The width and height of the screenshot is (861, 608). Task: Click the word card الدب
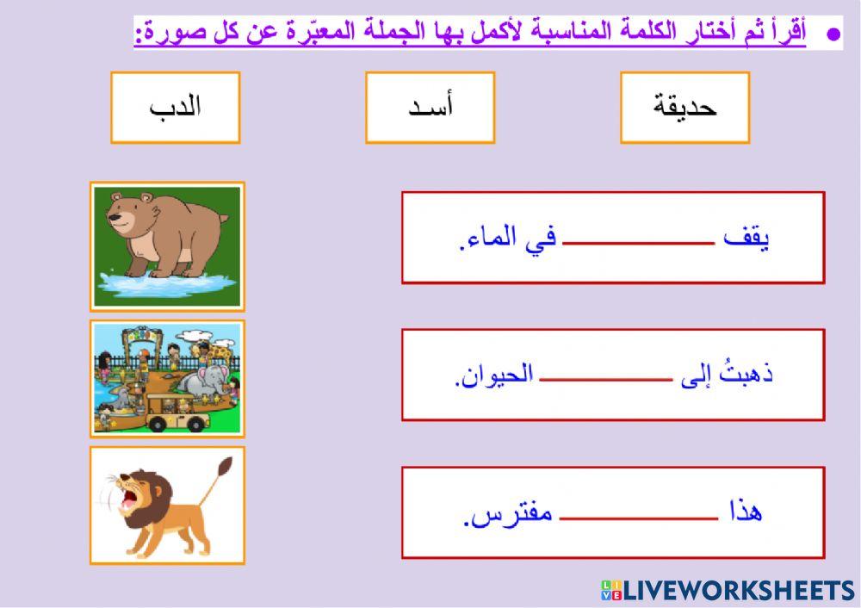[175, 107]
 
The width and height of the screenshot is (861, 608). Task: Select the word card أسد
[430, 107]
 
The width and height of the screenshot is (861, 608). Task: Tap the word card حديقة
[684, 107]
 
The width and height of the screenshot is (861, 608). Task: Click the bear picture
[167, 245]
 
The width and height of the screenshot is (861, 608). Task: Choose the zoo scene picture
[167, 379]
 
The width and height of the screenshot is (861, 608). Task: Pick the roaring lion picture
[167, 506]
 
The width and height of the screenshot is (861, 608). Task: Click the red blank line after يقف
[638, 244]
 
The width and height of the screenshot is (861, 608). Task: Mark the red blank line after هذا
[638, 518]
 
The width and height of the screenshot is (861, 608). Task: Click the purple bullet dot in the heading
[832, 34]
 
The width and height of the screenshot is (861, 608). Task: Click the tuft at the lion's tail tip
[226, 468]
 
